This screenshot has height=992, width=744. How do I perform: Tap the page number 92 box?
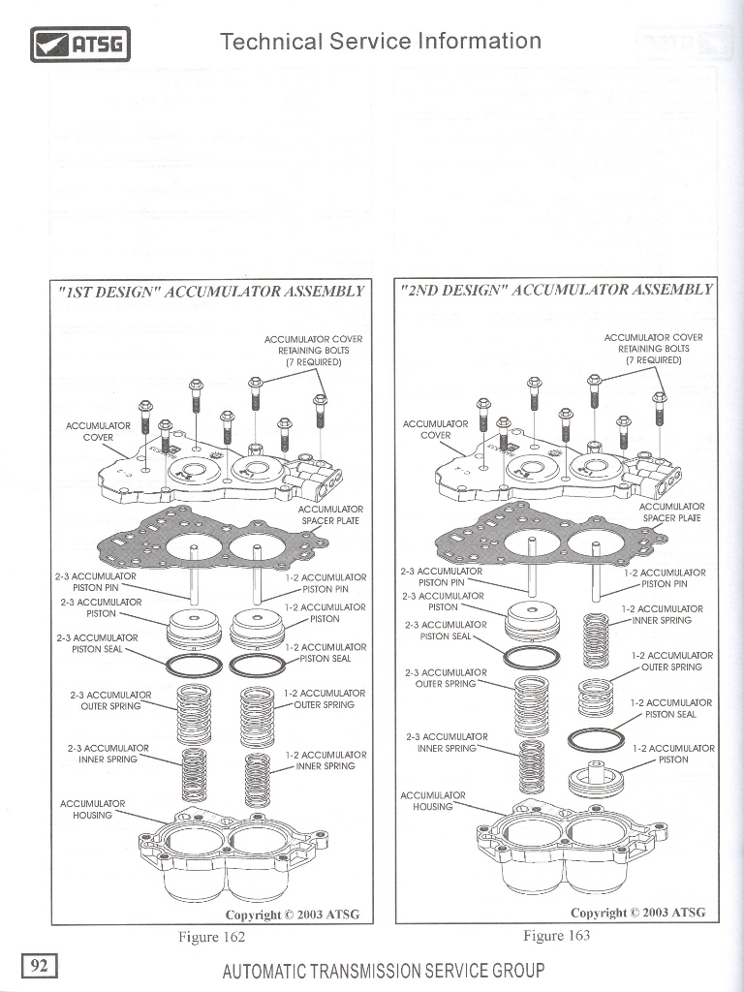coord(40,965)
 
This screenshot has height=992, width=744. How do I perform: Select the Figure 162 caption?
coord(211,937)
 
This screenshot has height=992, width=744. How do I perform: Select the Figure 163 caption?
coord(556,935)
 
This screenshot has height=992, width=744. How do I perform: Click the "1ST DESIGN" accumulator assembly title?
coord(211,291)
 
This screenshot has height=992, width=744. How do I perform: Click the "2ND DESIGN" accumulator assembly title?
coord(556,290)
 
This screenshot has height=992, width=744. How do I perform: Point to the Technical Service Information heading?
coord(380,41)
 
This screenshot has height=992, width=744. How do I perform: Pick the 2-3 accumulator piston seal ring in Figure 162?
coord(193,666)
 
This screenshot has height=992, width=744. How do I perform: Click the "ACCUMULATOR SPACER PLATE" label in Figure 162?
coord(329,514)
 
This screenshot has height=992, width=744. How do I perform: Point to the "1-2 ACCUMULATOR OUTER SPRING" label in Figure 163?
coord(671,661)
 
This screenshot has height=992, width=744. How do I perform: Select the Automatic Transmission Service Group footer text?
coord(383,971)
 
